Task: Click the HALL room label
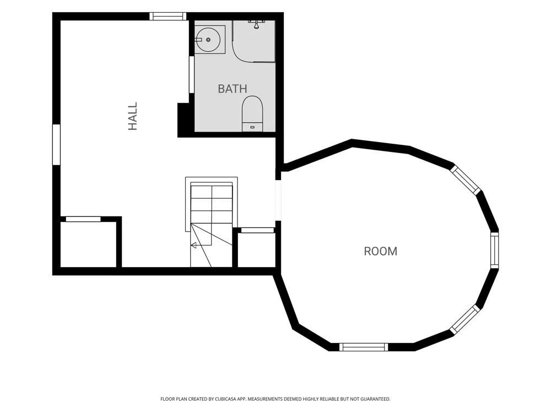point(132,116)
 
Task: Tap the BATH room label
point(233,89)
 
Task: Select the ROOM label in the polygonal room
point(381,251)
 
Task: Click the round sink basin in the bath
point(208,40)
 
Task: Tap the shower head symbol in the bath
point(256,24)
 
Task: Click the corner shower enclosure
point(253,41)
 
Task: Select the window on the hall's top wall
point(168,16)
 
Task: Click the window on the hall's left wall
point(56,144)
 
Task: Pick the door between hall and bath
point(192,74)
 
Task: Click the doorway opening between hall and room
point(278,200)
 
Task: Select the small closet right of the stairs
point(257,249)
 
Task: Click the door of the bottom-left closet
point(83,219)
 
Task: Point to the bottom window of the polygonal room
point(364,347)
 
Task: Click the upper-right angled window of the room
point(466,180)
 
